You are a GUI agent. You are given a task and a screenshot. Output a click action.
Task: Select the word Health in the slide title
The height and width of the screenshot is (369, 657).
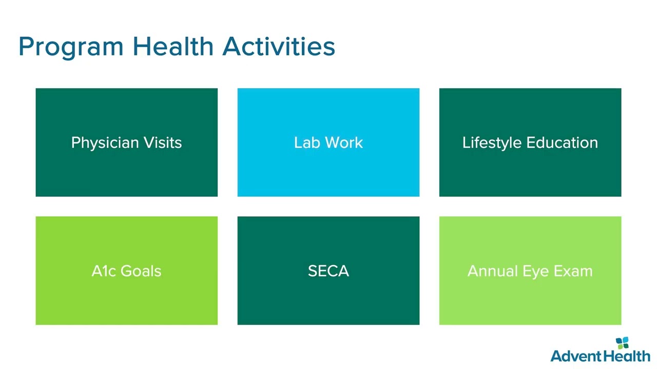click(173, 46)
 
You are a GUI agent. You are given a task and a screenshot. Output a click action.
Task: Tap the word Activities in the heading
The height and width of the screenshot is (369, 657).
click(279, 46)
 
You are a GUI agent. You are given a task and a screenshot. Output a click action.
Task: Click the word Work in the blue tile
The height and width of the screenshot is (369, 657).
click(344, 142)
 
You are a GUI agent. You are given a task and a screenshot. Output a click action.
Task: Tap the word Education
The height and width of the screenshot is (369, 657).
click(562, 142)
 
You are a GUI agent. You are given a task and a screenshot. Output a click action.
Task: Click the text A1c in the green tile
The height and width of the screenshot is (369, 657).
click(104, 271)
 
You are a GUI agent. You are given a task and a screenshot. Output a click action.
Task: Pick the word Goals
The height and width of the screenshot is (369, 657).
click(141, 271)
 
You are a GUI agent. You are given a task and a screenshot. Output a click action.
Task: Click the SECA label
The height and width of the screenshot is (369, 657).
click(328, 271)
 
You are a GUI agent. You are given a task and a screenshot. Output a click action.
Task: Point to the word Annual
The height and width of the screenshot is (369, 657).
click(492, 271)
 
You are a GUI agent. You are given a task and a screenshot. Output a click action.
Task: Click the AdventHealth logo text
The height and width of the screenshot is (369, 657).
click(600, 356)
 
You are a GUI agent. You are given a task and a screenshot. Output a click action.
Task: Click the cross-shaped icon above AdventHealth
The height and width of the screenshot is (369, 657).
click(622, 343)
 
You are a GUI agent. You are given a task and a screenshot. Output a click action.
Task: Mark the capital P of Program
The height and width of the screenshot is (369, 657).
click(26, 46)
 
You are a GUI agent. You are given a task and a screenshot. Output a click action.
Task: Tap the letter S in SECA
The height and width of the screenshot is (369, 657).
click(313, 271)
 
